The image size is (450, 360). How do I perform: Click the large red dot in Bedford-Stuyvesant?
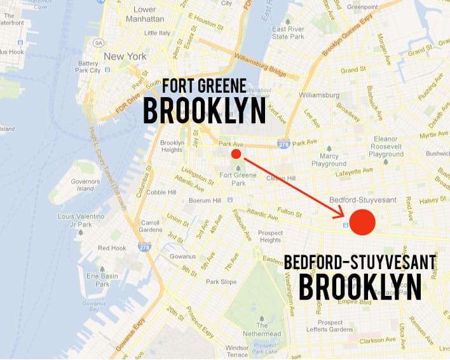click(x=363, y=222)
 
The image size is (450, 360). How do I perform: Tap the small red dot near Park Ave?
click(x=236, y=154)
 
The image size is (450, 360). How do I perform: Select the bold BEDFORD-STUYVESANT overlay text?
click(x=360, y=262)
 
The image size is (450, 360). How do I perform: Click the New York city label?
click(x=125, y=57)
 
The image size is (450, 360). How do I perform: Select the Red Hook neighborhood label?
click(x=112, y=248)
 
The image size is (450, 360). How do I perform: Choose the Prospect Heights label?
click(x=270, y=236)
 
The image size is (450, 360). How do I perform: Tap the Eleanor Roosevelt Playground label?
click(x=386, y=147)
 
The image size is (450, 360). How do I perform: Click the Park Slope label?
click(x=221, y=281)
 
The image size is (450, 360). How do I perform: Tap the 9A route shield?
click(x=99, y=43)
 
